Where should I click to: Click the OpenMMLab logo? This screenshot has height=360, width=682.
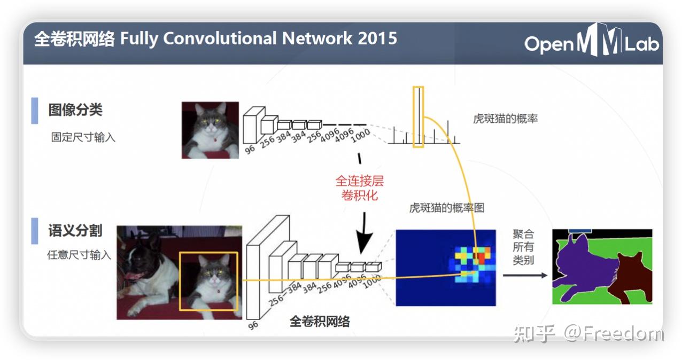(x=591, y=41)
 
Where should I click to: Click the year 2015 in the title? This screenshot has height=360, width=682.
(x=377, y=38)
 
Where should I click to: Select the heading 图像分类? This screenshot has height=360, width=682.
(x=75, y=110)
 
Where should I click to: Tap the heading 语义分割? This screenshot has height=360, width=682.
(x=75, y=230)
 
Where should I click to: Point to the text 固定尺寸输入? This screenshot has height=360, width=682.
(x=83, y=137)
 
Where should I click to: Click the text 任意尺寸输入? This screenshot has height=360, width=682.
(x=79, y=254)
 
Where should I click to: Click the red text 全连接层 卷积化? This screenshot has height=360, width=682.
(x=360, y=188)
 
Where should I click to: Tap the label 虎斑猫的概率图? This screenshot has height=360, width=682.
(x=447, y=208)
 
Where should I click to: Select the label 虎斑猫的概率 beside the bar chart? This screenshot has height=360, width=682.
(x=506, y=119)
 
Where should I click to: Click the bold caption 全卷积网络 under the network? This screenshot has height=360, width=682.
(x=320, y=322)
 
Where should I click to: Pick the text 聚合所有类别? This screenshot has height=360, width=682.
(x=523, y=247)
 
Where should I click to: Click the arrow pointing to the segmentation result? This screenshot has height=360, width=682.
(x=525, y=276)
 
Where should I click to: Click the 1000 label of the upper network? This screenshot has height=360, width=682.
(x=360, y=136)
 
